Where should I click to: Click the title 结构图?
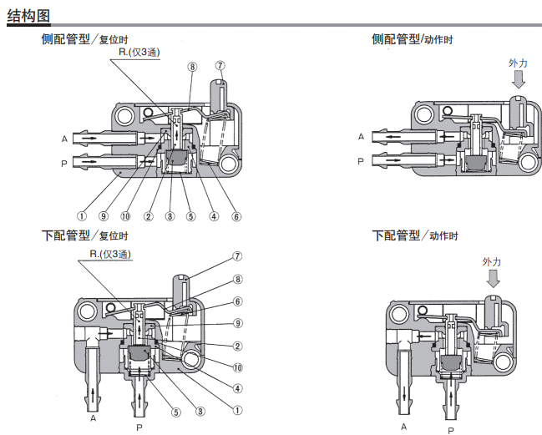pos(28,14)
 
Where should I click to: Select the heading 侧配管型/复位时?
pos(84,39)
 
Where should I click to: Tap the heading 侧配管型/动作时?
pos(413,39)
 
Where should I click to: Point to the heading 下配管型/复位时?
pos(84,235)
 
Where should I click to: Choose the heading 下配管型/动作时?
pos(414,235)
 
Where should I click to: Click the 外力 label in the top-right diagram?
pos(518,63)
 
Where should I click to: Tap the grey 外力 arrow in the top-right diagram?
pos(519,79)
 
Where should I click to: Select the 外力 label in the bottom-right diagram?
pos(492,261)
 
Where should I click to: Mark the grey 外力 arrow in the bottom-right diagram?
pos(493,279)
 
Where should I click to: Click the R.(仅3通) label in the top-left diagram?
pos(139,53)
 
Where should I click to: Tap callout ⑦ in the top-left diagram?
pos(220,65)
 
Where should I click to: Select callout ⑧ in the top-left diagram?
pos(192,66)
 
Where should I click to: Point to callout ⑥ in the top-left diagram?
pos(236,216)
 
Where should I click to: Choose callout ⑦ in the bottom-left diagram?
pos(237,256)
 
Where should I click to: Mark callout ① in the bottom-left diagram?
pos(237,410)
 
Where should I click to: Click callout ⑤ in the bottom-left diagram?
pos(177,410)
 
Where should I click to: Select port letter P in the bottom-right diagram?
pos(452,430)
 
